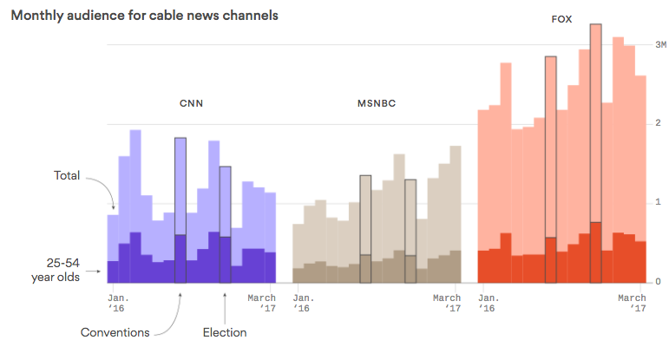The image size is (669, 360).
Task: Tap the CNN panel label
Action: click(x=192, y=103)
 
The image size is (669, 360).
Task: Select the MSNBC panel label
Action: click(x=377, y=103)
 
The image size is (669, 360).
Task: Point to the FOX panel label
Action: click(x=561, y=18)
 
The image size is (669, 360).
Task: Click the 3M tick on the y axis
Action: click(x=659, y=44)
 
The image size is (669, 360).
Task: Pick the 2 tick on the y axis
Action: click(x=659, y=123)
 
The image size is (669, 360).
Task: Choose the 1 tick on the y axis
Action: click(x=659, y=203)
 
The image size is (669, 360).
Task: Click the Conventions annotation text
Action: click(x=115, y=332)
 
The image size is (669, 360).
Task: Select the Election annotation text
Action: click(x=225, y=332)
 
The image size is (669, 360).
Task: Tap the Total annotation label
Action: click(x=67, y=175)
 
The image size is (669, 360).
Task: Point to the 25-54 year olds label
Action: click(x=63, y=269)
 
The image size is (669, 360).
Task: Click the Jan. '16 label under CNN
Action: click(x=119, y=303)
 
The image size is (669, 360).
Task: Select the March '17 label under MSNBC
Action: click(x=447, y=303)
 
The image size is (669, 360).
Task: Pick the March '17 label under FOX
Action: click(x=632, y=303)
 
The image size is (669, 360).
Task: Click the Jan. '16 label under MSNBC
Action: click(x=304, y=303)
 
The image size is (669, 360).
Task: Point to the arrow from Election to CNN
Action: click(x=225, y=305)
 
